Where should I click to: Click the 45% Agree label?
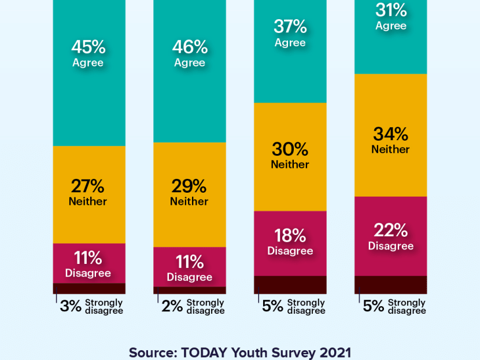[x=88, y=53]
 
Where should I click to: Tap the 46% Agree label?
[x=189, y=53]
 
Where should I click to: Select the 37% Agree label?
[x=290, y=34]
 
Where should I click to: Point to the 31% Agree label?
[x=391, y=17]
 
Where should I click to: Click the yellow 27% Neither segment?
[x=88, y=193]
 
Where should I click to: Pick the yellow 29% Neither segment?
[x=189, y=193]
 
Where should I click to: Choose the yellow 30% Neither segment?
[x=290, y=156]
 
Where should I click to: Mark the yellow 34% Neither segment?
[x=391, y=141]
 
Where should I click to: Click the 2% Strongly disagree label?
[x=193, y=306]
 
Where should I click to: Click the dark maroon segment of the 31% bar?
[x=391, y=284]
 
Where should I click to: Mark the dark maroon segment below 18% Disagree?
[x=290, y=284]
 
